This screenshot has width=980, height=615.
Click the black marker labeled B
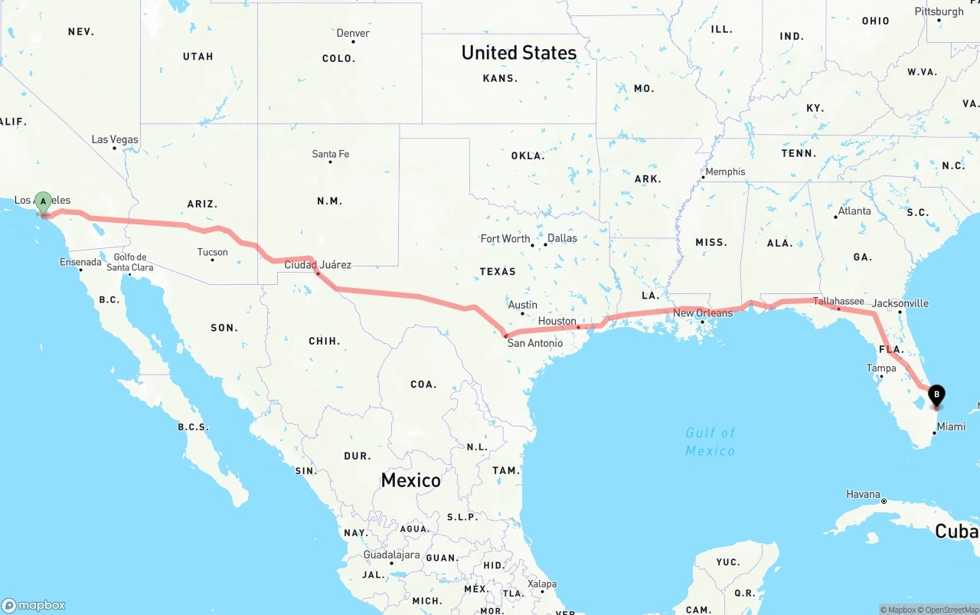tap(936, 396)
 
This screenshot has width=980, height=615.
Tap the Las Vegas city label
tap(115, 139)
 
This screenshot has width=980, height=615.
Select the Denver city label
tap(353, 33)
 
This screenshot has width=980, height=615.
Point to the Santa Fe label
tap(330, 154)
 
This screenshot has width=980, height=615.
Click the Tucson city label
tap(212, 252)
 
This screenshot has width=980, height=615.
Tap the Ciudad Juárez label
tap(318, 265)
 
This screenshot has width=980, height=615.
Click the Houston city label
tap(557, 321)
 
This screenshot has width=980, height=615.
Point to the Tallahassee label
tap(838, 301)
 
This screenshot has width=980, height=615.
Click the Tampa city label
tap(880, 368)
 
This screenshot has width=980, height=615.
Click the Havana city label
tap(863, 494)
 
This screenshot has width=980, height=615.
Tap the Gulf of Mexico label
tap(710, 442)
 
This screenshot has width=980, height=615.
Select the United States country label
tap(519, 53)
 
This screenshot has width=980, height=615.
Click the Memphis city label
tap(724, 172)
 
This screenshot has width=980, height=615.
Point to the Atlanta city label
tap(854, 211)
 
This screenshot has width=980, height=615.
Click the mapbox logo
tap(34, 605)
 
